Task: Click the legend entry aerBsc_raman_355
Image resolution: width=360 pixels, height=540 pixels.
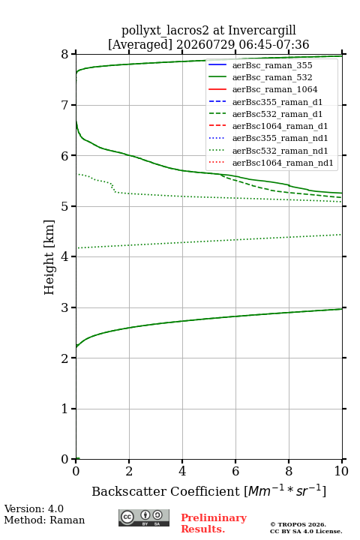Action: point(272,65)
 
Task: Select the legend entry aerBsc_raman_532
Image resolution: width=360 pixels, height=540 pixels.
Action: point(272,77)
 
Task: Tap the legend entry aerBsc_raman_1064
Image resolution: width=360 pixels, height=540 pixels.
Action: point(275,89)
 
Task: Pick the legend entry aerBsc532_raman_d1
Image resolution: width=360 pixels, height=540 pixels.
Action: point(277,114)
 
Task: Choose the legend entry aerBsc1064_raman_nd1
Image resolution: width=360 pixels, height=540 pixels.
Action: point(283,163)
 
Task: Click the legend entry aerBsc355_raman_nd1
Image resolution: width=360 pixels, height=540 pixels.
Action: point(280,138)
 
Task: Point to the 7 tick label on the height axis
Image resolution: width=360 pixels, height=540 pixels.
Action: point(64,105)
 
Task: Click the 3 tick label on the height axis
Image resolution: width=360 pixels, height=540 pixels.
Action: point(64,307)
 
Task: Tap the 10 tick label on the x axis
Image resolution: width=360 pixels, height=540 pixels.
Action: point(341,471)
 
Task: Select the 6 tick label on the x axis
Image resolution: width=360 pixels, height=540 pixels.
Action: point(235,471)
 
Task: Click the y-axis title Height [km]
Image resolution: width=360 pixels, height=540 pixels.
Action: point(49,257)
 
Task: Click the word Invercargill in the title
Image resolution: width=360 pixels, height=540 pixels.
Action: point(262,31)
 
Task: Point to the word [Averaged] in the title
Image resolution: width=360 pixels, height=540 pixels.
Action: point(139,45)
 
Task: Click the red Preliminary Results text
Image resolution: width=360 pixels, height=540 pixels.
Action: point(214,523)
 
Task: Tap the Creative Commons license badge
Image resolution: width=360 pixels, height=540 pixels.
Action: point(144,518)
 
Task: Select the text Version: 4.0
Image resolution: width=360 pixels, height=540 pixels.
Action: point(34,508)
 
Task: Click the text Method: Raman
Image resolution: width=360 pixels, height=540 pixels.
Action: point(44,520)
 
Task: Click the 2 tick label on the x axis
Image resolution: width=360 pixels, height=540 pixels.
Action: point(129,471)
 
